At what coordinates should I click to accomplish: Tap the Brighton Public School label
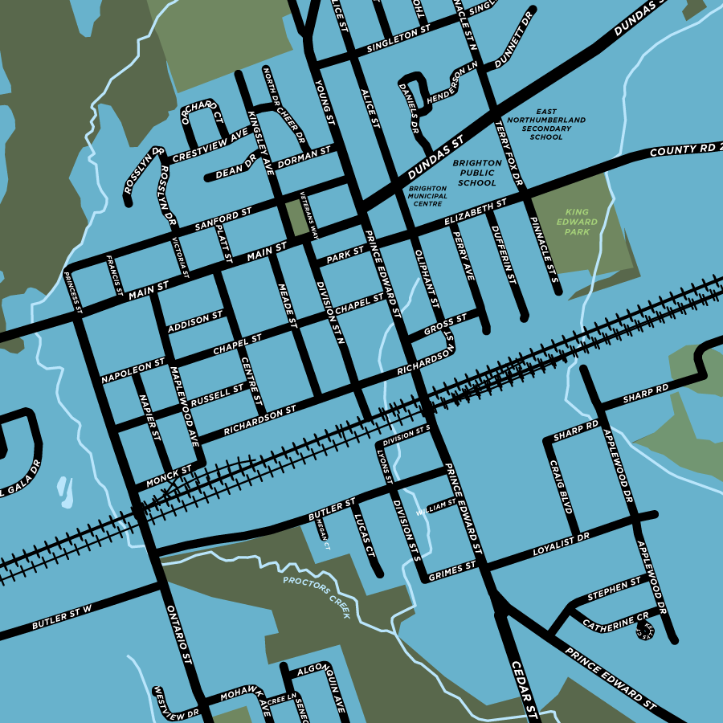[477, 173]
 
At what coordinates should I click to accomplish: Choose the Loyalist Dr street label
[562, 543]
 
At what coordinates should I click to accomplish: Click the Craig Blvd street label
[560, 486]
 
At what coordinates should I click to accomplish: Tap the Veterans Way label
[309, 215]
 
